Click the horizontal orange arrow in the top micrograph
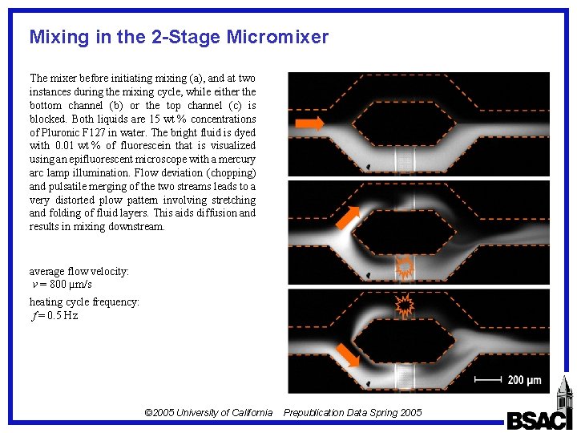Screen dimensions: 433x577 (309, 123)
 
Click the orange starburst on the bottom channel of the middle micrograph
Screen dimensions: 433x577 (405, 267)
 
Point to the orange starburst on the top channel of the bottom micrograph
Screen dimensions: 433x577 (406, 305)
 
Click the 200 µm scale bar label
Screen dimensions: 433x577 (524, 379)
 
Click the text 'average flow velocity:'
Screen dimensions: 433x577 (79, 272)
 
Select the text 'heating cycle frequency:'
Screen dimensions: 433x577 (84, 301)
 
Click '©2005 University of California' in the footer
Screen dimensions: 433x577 (208, 413)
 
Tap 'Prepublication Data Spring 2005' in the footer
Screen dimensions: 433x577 (352, 413)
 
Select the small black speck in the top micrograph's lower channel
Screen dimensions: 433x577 (368, 167)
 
